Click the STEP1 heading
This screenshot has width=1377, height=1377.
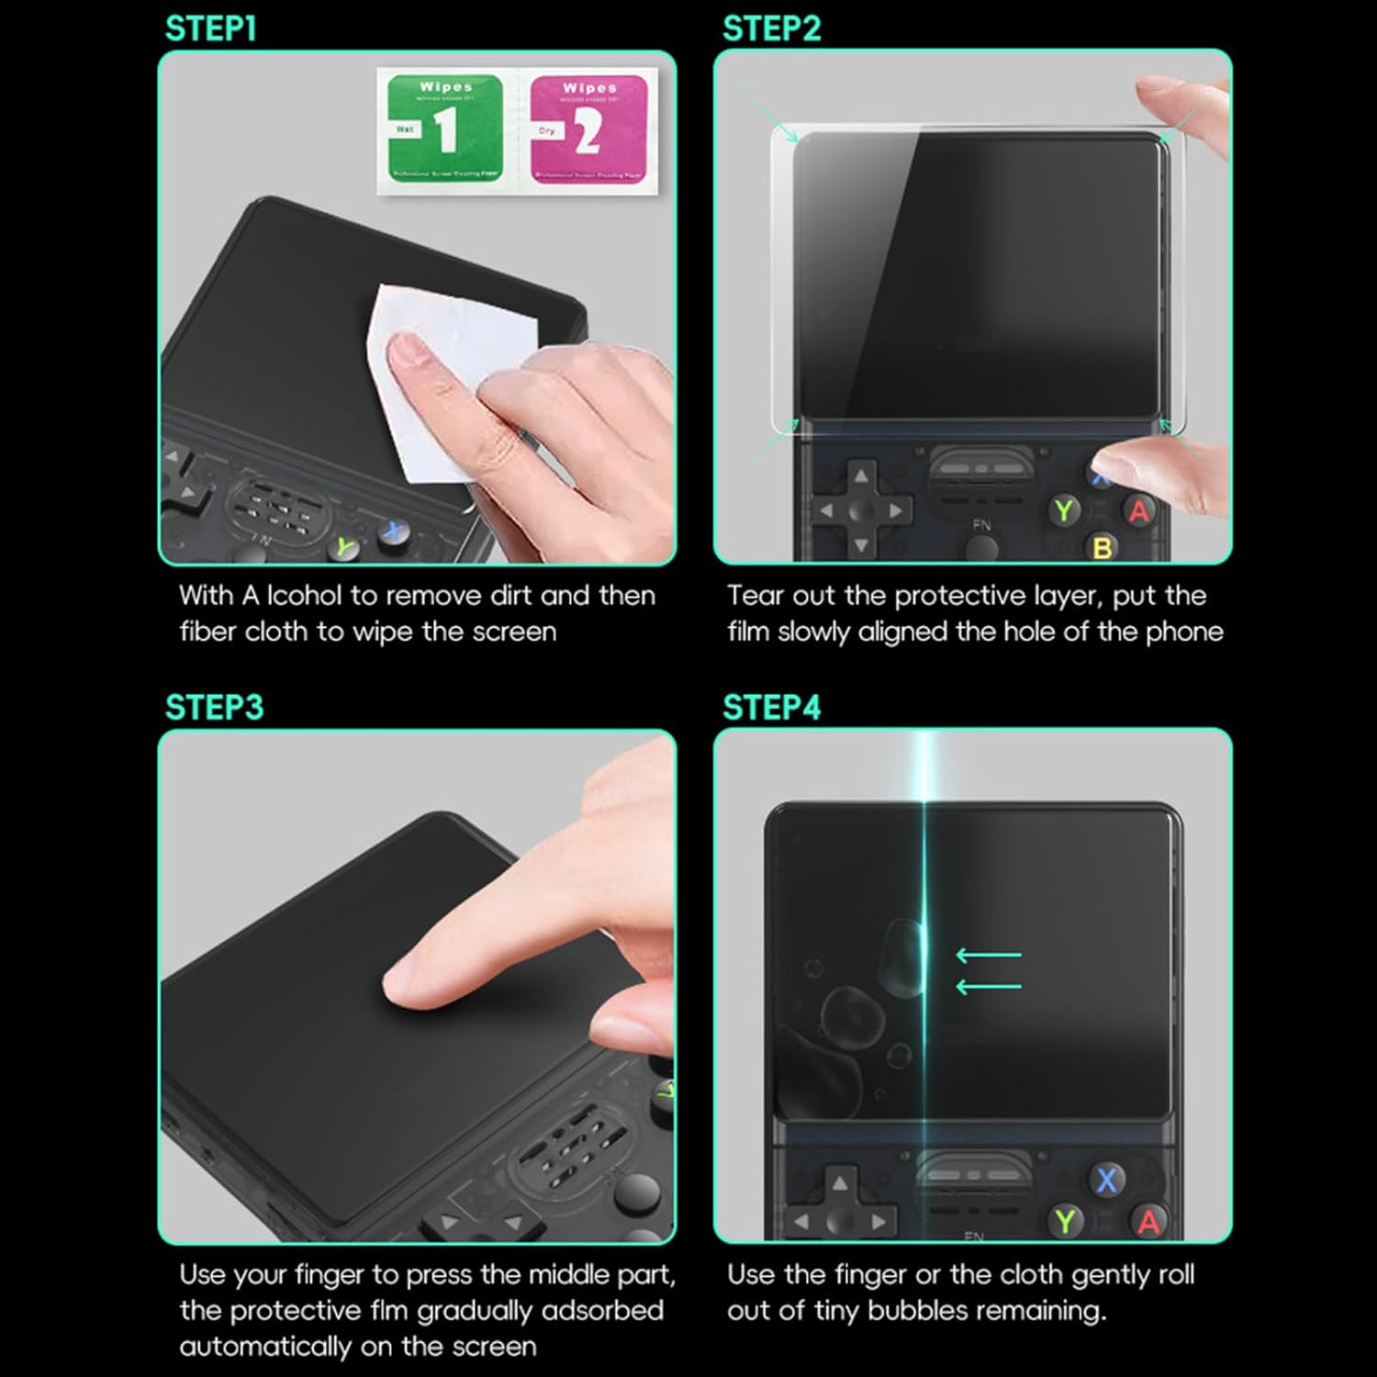210,29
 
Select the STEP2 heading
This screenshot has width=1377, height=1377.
771,29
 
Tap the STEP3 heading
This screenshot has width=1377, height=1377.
214,708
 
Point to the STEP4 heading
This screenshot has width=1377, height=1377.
771,708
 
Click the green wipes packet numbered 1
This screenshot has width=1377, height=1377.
445,129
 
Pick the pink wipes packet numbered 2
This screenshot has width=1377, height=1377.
588,129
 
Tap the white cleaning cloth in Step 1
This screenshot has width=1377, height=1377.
431,386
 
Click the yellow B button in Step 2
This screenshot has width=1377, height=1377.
1103,548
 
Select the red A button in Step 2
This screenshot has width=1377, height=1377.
1139,511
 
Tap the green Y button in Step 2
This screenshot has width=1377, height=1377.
1064,510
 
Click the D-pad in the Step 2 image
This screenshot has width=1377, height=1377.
860,510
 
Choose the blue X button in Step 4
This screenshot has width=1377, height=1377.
1107,1180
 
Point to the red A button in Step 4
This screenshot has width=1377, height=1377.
1148,1222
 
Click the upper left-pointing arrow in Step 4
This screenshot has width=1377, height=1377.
989,956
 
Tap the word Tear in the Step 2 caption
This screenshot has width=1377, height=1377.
756,596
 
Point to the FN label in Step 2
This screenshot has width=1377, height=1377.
981,525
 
